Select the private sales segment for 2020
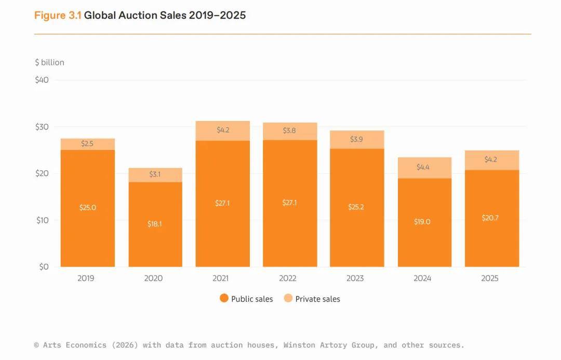click(x=155, y=175)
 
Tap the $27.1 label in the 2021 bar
click(x=222, y=203)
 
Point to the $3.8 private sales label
click(x=289, y=131)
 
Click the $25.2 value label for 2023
click(x=356, y=207)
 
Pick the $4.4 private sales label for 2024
click(x=424, y=167)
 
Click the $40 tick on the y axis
click(x=42, y=80)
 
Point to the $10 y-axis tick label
click(x=42, y=220)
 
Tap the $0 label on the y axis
click(x=44, y=267)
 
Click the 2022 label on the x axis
click(x=288, y=278)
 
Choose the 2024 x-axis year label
click(x=422, y=278)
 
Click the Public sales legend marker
click(x=224, y=298)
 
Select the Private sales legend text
click(x=317, y=299)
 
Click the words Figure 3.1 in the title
click(x=58, y=16)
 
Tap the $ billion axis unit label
click(x=49, y=62)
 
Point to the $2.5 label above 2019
click(x=87, y=144)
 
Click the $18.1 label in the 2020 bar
click(x=155, y=224)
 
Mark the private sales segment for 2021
click(x=222, y=130)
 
